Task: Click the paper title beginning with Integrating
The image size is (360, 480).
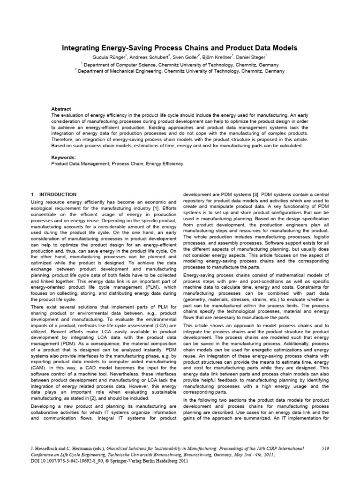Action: point(180,48)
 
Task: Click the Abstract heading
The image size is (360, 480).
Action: point(61,109)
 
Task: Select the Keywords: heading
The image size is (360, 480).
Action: point(63,158)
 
